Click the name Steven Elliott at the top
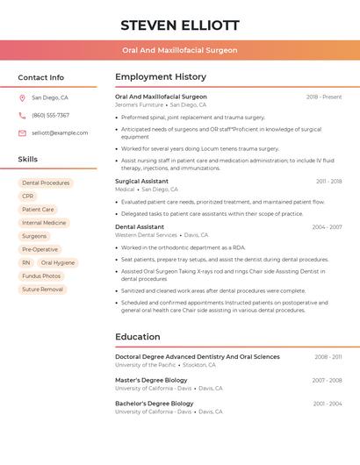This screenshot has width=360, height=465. pyautogui.click(x=179, y=25)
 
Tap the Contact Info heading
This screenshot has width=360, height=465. pyautogui.click(x=40, y=77)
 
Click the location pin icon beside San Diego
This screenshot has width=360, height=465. pyautogui.click(x=22, y=98)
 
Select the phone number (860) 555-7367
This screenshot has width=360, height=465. pyautogui.click(x=50, y=116)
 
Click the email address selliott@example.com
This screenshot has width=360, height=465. pyautogui.click(x=60, y=133)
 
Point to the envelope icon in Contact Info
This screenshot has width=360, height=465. pyautogui.click(x=22, y=133)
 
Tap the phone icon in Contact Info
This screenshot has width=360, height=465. pyautogui.click(x=22, y=116)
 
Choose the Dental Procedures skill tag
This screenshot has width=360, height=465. pyautogui.click(x=46, y=183)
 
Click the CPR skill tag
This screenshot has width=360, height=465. pyautogui.click(x=28, y=197)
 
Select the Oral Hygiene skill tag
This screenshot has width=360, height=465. pyautogui.click(x=58, y=262)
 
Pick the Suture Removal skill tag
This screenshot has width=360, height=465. pyautogui.click(x=42, y=289)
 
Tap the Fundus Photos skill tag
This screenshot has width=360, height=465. pyautogui.click(x=41, y=275)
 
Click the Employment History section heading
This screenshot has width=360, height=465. pyautogui.click(x=161, y=77)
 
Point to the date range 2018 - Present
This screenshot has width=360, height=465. pyautogui.click(x=324, y=97)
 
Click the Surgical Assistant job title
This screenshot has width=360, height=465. pyautogui.click(x=141, y=182)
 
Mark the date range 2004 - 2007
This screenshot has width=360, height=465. pyautogui.click(x=327, y=227)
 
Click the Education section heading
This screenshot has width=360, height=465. pyautogui.click(x=137, y=337)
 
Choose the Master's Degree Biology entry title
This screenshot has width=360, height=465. pyautogui.click(x=154, y=380)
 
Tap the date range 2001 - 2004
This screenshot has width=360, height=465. pyautogui.click(x=327, y=404)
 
